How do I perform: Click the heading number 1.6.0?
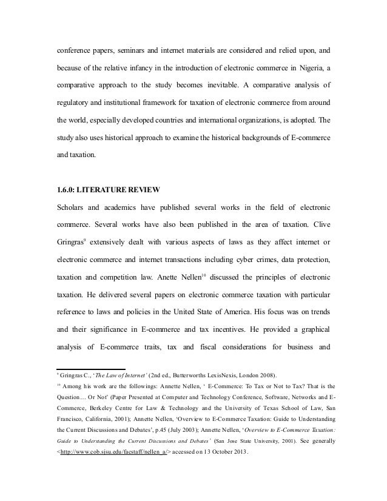coord(67,193)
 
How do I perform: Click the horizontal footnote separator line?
coord(90,369)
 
